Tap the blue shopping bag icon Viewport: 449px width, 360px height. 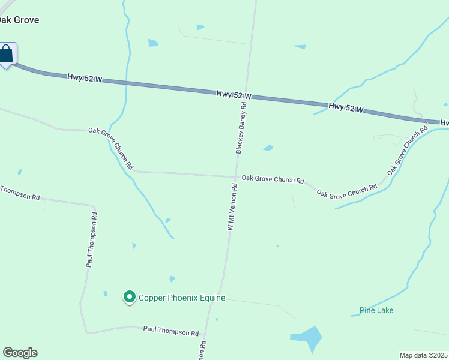coord(7,54)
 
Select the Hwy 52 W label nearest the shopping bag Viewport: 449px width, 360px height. coord(84,77)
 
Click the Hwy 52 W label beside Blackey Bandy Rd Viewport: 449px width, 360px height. coord(234,95)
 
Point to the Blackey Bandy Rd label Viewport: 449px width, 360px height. coord(241,128)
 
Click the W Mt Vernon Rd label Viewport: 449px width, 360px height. coord(233,207)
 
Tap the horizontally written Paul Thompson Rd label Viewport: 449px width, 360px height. coord(171,332)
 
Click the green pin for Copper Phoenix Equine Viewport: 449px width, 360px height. coord(129,296)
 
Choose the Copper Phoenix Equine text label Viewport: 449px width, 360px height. coord(182,298)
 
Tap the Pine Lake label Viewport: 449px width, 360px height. coord(376,310)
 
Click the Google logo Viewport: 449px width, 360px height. coord(20,353)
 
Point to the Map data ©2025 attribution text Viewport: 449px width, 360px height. coord(424,355)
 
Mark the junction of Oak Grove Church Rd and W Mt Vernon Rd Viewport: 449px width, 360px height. coord(235,177)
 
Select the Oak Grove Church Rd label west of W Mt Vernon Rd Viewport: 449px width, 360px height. coord(110,148)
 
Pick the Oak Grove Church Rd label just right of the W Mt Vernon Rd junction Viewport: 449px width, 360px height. coord(273,179)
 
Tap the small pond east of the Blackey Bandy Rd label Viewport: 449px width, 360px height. coord(268,148)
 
